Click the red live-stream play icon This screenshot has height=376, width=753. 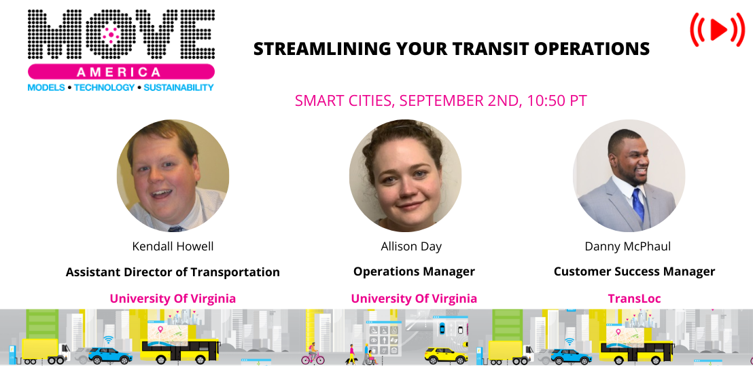click(x=718, y=29)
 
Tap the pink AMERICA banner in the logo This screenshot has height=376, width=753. click(x=121, y=72)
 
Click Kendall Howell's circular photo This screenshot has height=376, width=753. click(x=173, y=176)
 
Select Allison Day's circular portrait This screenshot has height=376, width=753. click(x=405, y=176)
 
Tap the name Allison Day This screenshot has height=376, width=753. click(x=411, y=246)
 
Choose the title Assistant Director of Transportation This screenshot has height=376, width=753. click(x=173, y=271)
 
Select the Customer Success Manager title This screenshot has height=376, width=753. click(x=634, y=271)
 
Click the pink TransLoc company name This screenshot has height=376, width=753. click(x=634, y=299)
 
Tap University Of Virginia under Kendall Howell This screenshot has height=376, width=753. click(x=173, y=299)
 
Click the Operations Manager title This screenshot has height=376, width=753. click(x=414, y=271)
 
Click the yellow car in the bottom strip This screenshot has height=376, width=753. click(x=446, y=355)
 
